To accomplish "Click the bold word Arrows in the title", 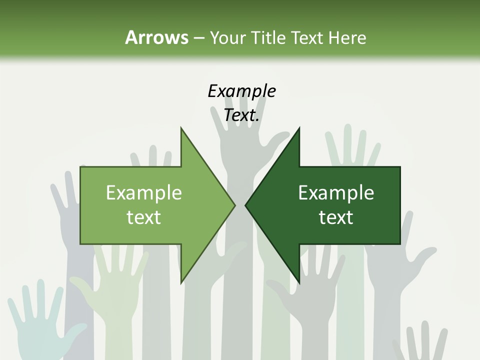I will coord(156,37).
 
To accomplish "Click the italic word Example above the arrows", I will coord(241,91).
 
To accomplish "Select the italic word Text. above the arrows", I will coord(241,115).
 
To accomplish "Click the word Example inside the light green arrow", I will coord(144,192).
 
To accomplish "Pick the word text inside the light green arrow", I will coord(144,217).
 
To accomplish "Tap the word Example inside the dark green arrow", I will coord(336,192).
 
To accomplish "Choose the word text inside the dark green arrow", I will coord(336,217).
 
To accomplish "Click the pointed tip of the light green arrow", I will coord(234,205).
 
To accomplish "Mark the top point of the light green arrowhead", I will coord(181,129).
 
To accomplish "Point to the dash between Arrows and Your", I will coord(198,38).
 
